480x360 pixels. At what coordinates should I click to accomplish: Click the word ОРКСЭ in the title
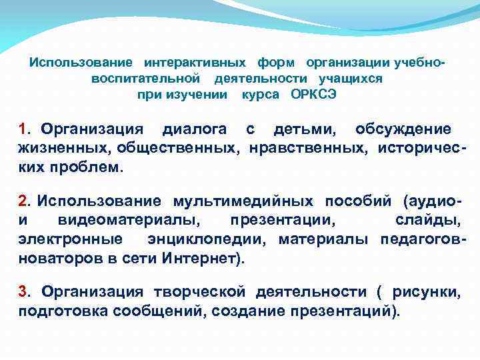click(x=314, y=94)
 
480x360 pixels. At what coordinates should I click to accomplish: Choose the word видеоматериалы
click(x=131, y=219)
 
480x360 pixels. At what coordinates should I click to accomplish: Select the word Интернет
click(x=199, y=257)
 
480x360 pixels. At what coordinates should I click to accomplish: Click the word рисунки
click(x=425, y=291)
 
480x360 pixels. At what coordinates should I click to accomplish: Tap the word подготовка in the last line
click(x=56, y=310)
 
